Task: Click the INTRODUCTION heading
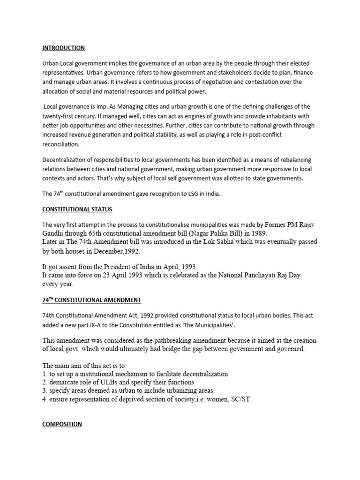[63, 48]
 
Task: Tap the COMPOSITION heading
[62, 424]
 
